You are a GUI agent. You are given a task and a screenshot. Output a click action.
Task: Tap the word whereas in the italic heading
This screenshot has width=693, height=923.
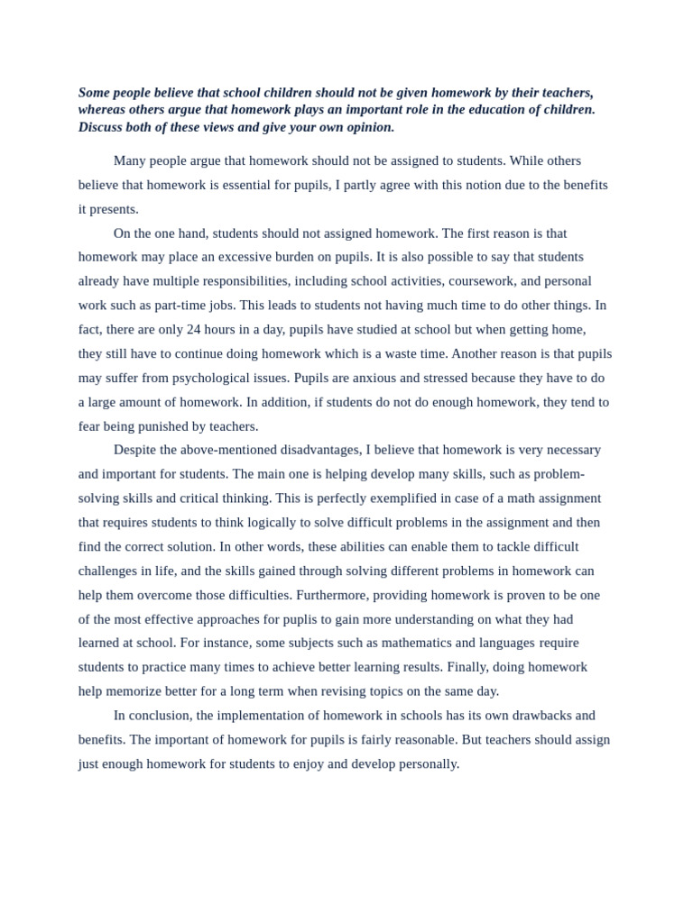(104, 110)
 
